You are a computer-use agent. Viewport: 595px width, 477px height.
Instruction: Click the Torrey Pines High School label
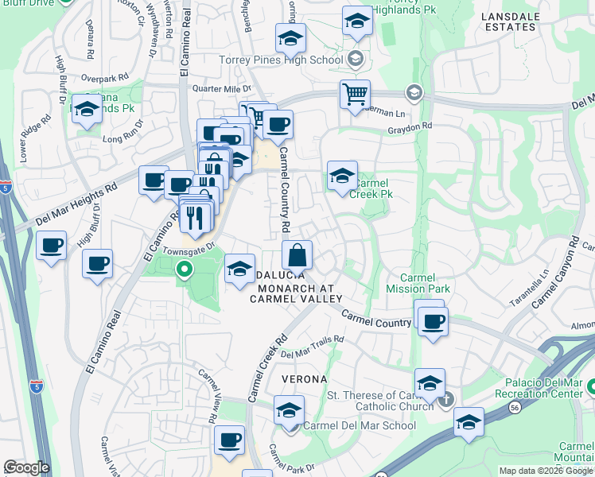pos(280,59)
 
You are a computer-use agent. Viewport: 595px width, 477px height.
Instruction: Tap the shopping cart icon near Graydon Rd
pos(355,94)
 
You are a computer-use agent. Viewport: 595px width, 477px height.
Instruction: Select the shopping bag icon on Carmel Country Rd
pos(297,255)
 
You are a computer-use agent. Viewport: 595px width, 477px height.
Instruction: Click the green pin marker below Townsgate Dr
pos(185,270)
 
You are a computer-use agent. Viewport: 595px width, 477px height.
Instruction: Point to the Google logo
pos(26,467)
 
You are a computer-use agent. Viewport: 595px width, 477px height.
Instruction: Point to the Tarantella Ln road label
pos(542,282)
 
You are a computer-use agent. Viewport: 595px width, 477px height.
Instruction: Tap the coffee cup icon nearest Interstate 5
pos(52,245)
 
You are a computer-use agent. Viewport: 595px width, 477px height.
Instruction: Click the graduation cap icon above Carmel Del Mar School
pos(289,410)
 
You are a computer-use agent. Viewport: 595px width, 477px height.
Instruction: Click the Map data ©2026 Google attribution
pos(546,471)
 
